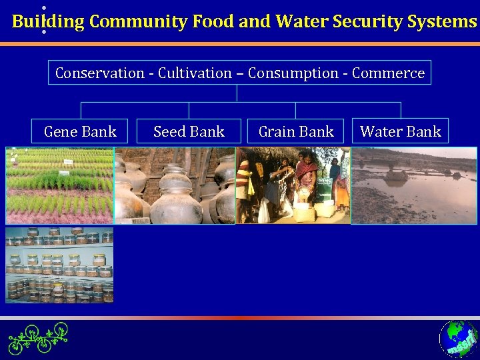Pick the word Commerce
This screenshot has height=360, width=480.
(x=388, y=73)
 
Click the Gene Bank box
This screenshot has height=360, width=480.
(x=80, y=131)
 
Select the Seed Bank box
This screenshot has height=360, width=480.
(x=189, y=131)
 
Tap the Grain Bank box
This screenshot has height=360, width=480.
(x=296, y=131)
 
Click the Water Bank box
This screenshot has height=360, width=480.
(x=400, y=131)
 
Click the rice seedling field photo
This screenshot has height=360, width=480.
(x=59, y=185)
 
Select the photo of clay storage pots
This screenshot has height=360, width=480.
(x=175, y=185)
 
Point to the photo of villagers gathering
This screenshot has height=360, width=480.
(x=293, y=185)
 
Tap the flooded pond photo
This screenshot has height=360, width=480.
(x=414, y=185)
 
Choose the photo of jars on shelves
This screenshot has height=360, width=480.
(x=59, y=265)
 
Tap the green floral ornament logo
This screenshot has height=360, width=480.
(x=38, y=337)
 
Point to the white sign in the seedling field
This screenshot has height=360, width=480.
(x=67, y=162)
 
